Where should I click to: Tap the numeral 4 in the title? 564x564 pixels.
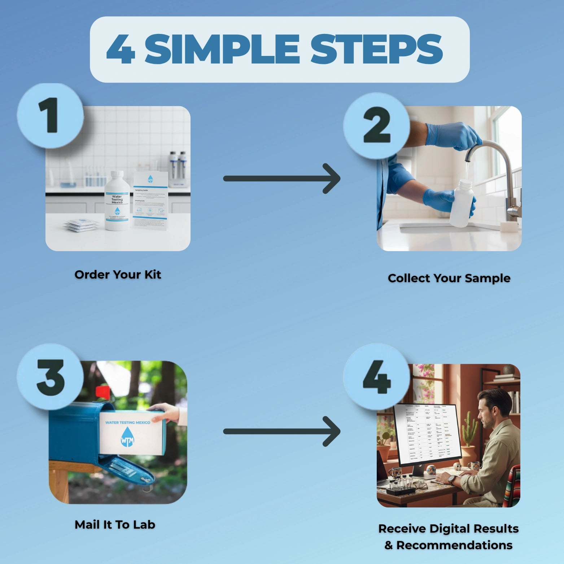point(121,50)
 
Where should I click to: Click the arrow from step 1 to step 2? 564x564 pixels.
point(281,179)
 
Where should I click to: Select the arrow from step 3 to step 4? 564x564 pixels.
point(281,431)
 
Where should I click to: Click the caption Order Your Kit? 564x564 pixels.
point(118,275)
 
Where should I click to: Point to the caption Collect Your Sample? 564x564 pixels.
point(449,278)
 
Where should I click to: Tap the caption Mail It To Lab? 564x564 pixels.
point(115,525)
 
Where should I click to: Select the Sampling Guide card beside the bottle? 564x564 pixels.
point(150,200)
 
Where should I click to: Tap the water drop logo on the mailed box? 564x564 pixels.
point(127,437)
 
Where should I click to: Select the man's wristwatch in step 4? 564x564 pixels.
point(451,480)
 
